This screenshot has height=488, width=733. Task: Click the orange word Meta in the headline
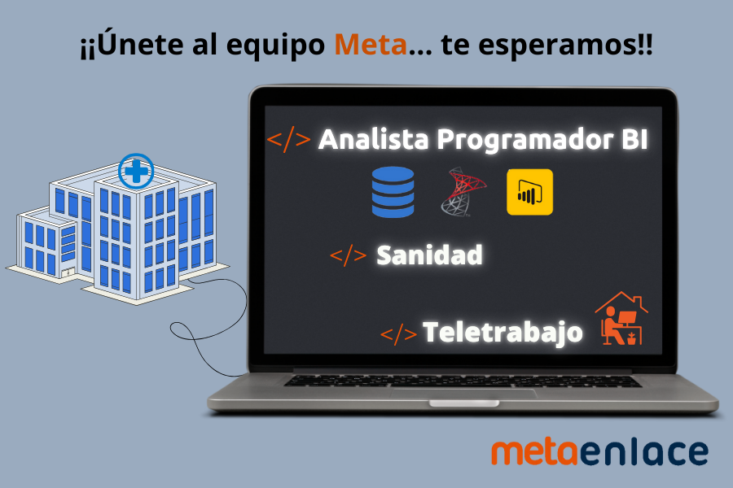[x=371, y=45]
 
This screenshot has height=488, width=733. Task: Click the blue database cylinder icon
[x=393, y=192]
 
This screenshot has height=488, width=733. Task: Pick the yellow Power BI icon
[x=529, y=192]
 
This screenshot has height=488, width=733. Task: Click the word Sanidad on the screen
[x=429, y=255]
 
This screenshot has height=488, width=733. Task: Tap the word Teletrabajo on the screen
[x=503, y=333]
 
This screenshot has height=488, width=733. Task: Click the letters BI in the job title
[x=634, y=139]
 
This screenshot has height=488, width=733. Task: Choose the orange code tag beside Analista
[x=288, y=139]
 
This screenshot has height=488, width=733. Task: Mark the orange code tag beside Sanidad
[x=348, y=255]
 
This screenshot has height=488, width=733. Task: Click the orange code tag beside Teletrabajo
[x=398, y=334]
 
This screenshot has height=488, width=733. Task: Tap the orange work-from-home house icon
[x=621, y=319]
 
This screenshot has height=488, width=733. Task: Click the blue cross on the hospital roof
[x=136, y=172]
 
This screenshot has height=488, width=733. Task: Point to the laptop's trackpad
[x=463, y=394]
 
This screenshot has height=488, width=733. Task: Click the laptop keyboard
[x=462, y=381]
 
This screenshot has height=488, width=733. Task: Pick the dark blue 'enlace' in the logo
[x=644, y=452]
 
